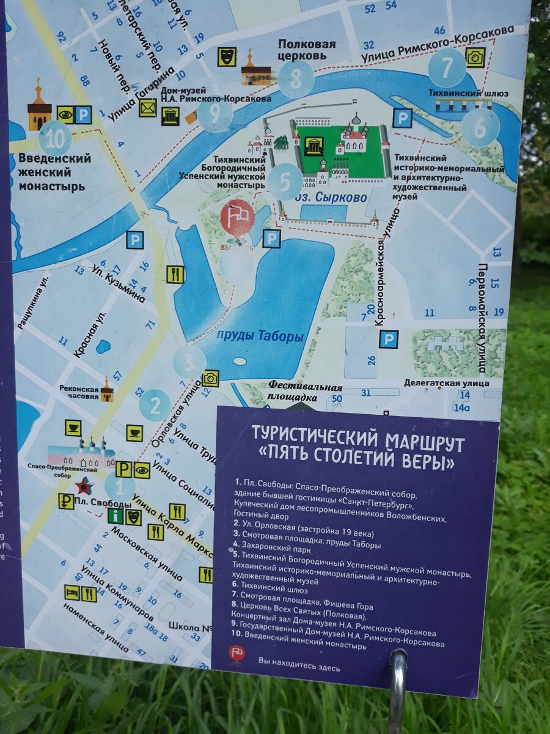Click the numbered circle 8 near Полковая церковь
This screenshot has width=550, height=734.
click(x=297, y=79)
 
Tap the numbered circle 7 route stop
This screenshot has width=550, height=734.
click(x=447, y=67)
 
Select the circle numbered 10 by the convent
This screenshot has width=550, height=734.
click(x=55, y=139)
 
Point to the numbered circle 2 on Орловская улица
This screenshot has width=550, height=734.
click(x=155, y=405)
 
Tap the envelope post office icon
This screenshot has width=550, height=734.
click(x=147, y=108)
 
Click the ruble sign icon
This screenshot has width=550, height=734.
click(x=65, y=501)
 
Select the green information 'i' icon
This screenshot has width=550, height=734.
click(x=115, y=516)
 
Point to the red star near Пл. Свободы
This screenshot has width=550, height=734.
click(x=84, y=486)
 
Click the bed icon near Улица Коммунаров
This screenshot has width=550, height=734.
click(x=72, y=592)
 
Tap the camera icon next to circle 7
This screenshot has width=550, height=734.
click(x=475, y=57)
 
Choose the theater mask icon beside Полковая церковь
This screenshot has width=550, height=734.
click(x=227, y=57)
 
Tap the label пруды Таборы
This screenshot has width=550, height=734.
click(x=260, y=336)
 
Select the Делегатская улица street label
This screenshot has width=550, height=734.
click(x=446, y=383)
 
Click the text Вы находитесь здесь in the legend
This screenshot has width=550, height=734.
click(x=298, y=660)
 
